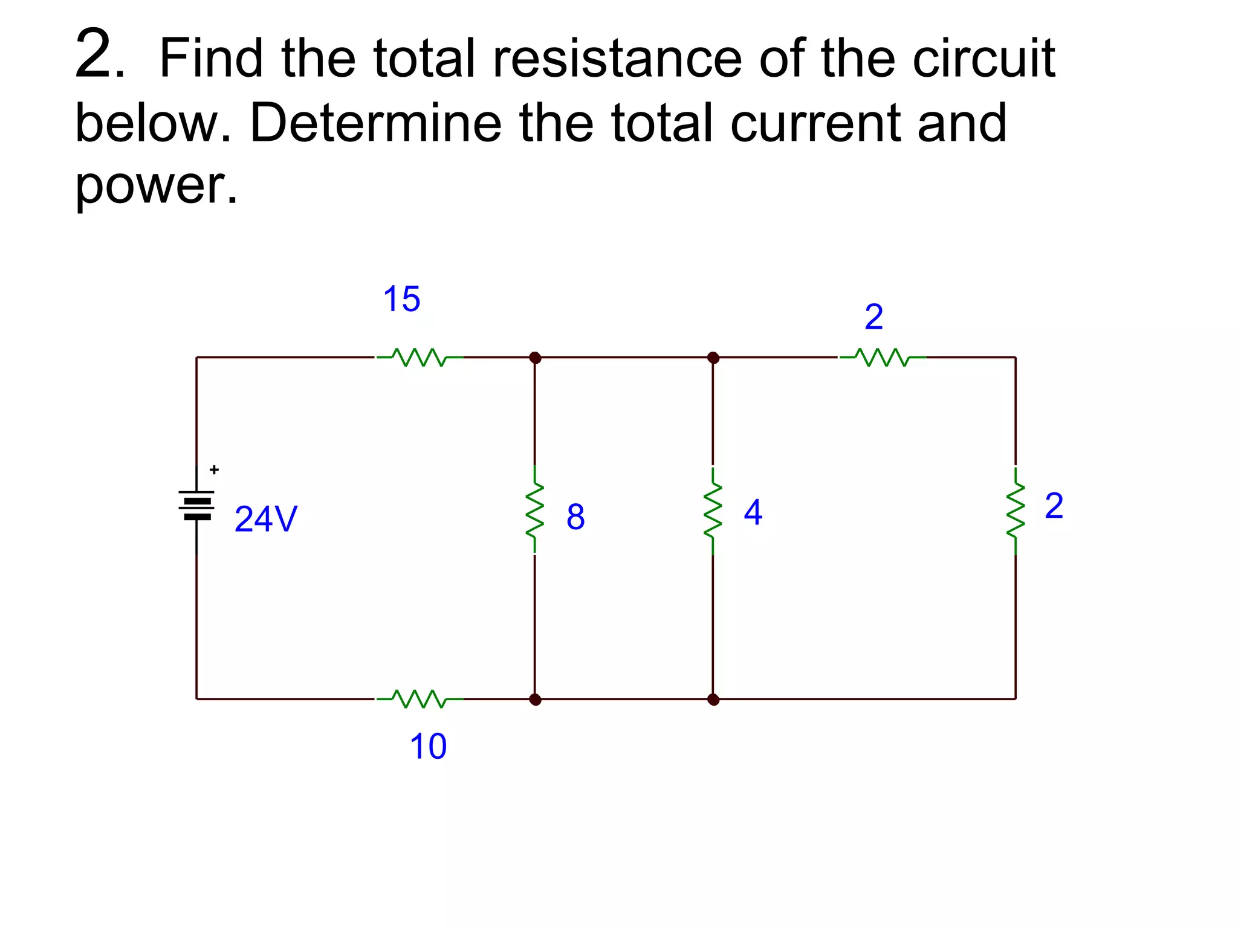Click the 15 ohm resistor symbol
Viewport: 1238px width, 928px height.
[420, 357]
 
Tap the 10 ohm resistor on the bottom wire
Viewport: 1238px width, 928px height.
[420, 698]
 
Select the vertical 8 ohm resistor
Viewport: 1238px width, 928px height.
[534, 510]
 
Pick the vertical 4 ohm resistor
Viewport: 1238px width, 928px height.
[713, 510]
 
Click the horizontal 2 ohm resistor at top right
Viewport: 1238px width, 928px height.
[883, 357]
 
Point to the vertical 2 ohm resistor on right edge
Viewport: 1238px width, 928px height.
[1016, 510]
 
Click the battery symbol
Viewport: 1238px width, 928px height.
[196, 506]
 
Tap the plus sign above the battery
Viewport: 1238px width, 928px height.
[214, 469]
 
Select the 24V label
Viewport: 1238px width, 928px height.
[266, 519]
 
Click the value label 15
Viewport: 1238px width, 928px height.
[401, 299]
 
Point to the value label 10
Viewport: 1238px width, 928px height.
[428, 746]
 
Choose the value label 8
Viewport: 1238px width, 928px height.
[575, 517]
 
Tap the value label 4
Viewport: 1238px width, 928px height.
[753, 512]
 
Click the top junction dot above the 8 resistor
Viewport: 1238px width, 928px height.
[535, 358]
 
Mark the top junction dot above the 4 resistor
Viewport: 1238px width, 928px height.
[713, 358]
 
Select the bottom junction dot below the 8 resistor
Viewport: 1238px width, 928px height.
[535, 700]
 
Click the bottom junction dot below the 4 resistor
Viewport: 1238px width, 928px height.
[713, 700]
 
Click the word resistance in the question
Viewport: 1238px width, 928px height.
[617, 59]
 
